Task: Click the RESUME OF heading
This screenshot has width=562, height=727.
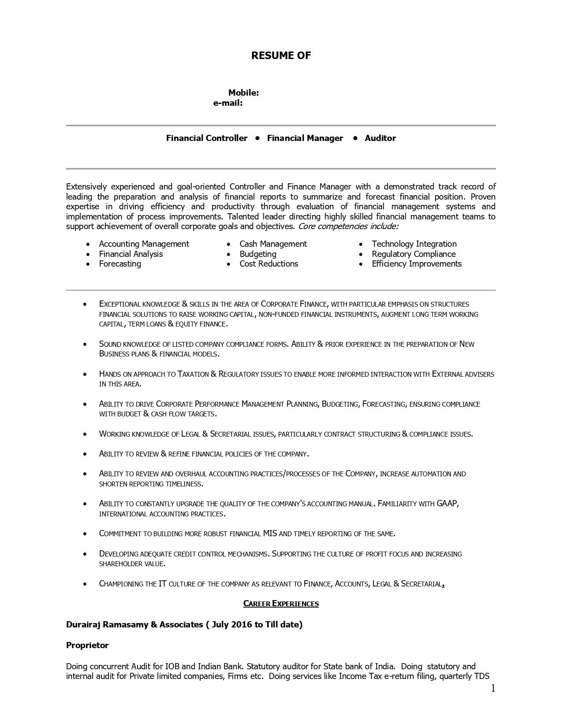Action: (x=281, y=56)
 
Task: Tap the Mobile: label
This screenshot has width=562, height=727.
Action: (x=243, y=93)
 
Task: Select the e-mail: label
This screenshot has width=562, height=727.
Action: (x=228, y=103)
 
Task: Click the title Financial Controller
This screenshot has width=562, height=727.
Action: (x=207, y=138)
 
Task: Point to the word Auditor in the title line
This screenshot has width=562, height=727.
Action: (x=380, y=138)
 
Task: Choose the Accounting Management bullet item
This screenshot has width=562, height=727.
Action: (x=144, y=244)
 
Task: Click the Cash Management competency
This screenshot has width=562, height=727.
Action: (x=273, y=244)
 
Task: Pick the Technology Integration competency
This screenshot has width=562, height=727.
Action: (x=414, y=244)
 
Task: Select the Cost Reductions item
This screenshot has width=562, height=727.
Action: (x=268, y=264)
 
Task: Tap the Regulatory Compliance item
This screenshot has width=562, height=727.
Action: (x=413, y=254)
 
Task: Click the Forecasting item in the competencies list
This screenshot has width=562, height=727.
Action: (x=120, y=264)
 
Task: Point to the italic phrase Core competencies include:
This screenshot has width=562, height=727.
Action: (x=348, y=226)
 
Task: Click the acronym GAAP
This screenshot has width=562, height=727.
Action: (x=447, y=504)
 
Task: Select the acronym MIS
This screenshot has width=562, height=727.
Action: (x=270, y=534)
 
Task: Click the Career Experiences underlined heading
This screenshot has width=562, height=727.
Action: (x=281, y=604)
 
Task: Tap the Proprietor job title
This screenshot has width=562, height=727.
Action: (x=87, y=645)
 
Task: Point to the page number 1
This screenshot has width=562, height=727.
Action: (x=493, y=689)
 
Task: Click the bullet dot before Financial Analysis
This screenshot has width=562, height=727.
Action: (x=89, y=254)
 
